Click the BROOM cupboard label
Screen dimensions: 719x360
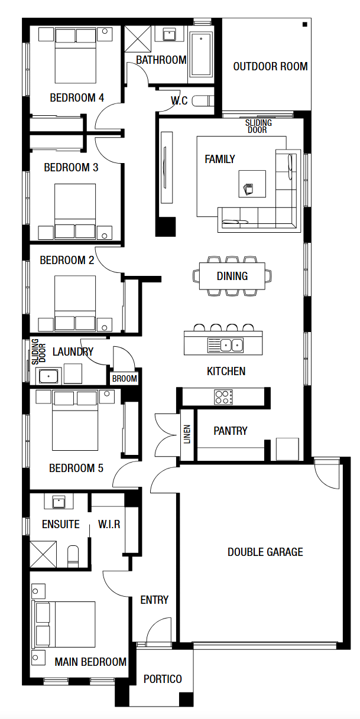click(x=124, y=379)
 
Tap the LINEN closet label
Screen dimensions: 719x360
click(x=187, y=434)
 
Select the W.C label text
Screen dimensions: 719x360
click(x=179, y=101)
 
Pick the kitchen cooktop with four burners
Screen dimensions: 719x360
click(x=223, y=396)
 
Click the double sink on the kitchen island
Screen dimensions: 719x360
click(x=225, y=344)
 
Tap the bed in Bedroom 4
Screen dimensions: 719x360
click(x=75, y=56)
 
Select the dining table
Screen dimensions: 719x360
click(x=232, y=276)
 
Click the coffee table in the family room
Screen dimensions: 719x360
click(x=252, y=184)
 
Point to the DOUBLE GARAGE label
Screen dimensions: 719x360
click(x=265, y=552)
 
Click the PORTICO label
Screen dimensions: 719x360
click(x=163, y=679)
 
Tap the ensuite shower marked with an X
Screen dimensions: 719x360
click(x=44, y=553)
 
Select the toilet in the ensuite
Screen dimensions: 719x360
click(x=73, y=554)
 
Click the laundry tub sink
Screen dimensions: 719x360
click(x=48, y=375)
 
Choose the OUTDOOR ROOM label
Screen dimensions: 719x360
click(x=270, y=66)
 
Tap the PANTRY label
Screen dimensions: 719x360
click(x=230, y=431)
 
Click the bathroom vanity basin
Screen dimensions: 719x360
click(x=168, y=34)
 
